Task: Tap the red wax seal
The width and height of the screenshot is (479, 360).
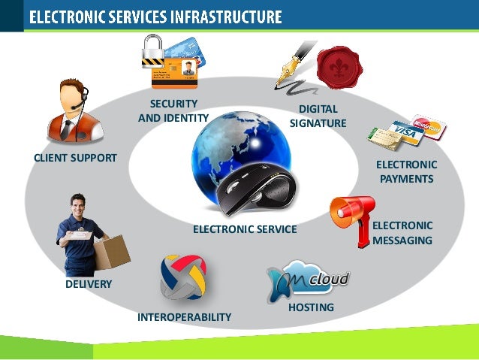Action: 339,68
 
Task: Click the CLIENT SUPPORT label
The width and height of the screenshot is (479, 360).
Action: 75,158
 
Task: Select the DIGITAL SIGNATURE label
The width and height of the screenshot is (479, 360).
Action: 318,116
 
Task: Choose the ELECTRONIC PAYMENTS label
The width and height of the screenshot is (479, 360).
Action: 406,171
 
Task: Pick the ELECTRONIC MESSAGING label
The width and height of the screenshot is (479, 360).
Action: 402,233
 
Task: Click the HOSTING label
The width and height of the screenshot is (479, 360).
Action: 311,307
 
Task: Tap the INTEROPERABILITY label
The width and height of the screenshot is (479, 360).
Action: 184,317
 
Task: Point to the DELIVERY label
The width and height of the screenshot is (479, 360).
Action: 88,284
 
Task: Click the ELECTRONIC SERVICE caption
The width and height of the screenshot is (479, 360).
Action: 245,229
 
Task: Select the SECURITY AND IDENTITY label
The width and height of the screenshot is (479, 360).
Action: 173,110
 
